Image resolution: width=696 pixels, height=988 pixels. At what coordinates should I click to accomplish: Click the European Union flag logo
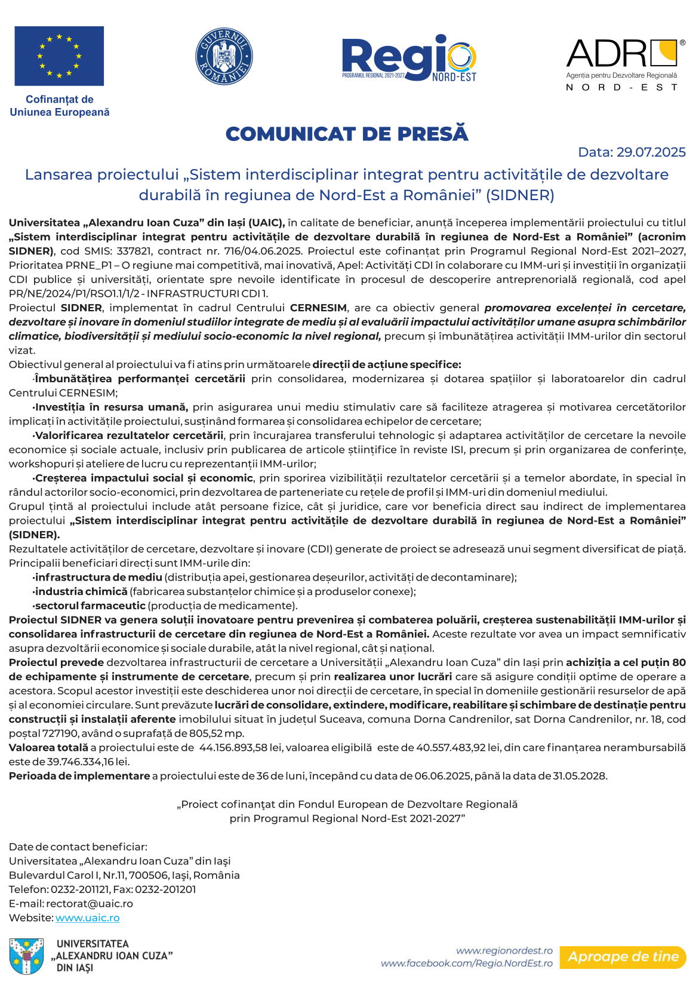[59, 56]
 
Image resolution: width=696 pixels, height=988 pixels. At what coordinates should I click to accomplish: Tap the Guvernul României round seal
[224, 57]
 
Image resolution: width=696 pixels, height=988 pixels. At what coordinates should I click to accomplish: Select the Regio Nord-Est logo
[409, 58]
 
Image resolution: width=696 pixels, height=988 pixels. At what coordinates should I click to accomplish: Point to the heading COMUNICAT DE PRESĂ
[347, 134]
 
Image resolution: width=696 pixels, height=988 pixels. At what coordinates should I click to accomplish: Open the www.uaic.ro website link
[88, 918]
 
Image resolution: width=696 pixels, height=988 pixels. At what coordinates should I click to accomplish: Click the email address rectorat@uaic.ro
[90, 903]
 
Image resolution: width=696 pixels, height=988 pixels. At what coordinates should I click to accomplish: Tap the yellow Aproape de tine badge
[623, 956]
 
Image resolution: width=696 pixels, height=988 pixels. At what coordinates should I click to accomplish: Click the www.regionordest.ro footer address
[504, 950]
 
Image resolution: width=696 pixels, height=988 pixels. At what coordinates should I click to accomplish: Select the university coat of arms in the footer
[27, 956]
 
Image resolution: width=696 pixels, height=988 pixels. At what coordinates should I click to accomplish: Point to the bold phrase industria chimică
[81, 591]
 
